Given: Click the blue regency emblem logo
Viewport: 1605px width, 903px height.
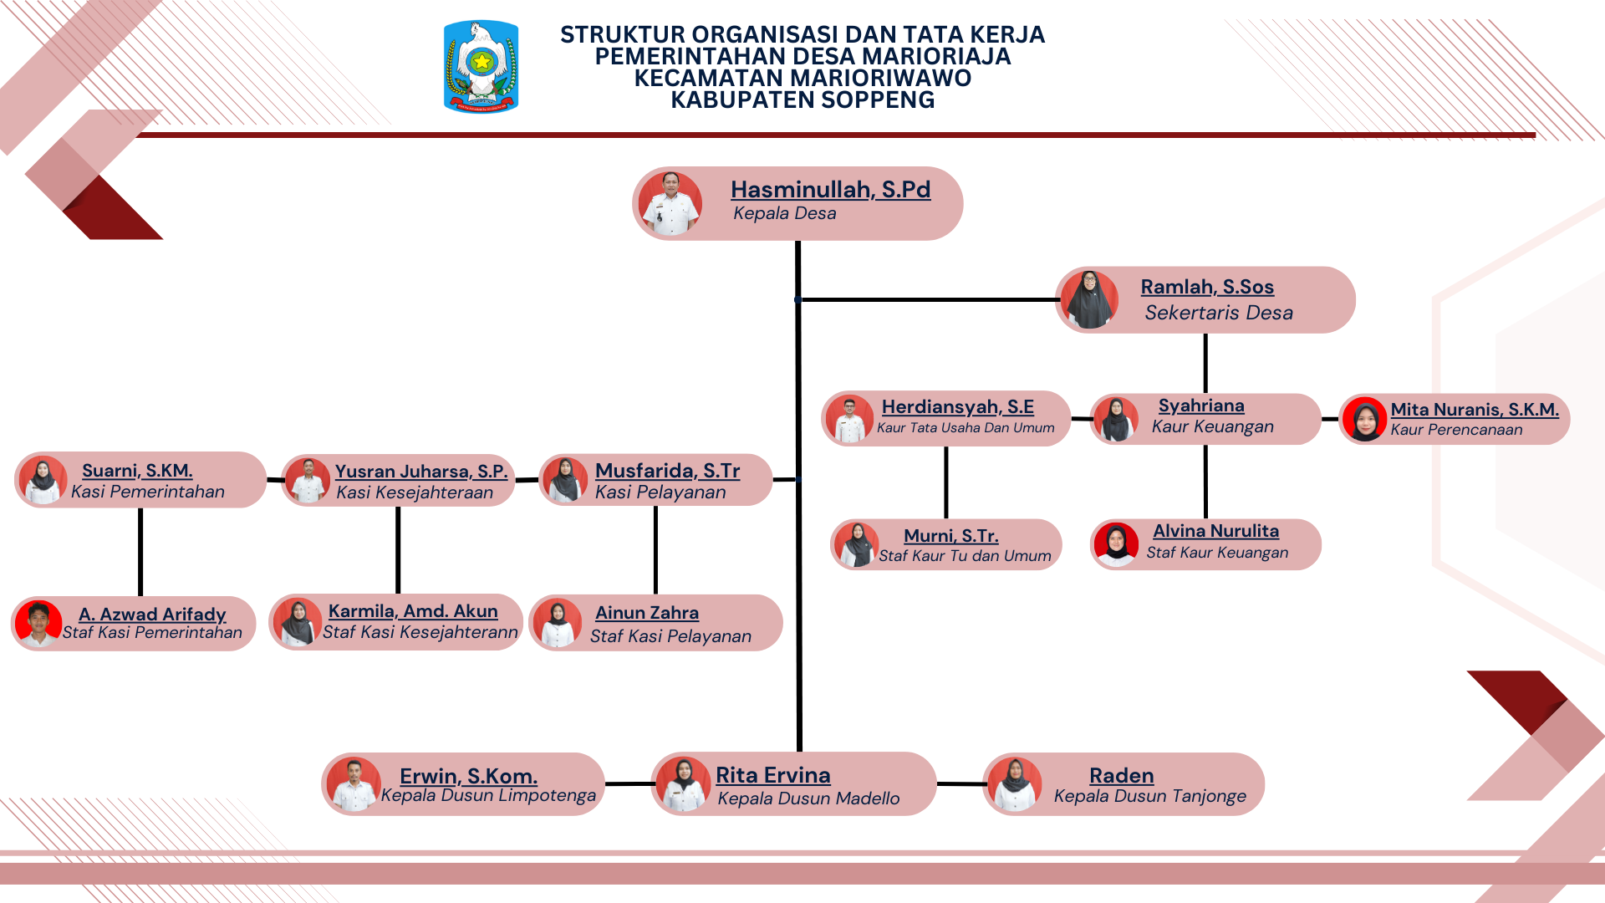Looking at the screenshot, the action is coord(481,67).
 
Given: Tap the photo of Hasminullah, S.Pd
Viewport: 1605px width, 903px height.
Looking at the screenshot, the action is coord(670,203).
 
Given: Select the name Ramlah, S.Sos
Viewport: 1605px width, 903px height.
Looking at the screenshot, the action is coord(1207,287).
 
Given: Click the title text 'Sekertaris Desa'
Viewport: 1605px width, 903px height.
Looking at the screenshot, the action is coord(1219,313).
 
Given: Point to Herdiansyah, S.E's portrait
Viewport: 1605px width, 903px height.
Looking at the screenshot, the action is coord(850,419).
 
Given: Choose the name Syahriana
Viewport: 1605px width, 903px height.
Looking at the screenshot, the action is coord(1201,406).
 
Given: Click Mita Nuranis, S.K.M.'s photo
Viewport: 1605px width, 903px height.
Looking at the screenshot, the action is coord(1365,419).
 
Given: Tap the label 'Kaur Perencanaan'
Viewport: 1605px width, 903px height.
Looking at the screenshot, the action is coord(1456,430).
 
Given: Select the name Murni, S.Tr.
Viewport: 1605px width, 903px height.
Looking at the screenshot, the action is coord(951,536).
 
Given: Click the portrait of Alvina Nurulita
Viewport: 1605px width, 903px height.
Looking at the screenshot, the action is coord(1117,544).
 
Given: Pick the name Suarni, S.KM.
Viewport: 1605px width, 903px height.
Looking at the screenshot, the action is coord(137,471).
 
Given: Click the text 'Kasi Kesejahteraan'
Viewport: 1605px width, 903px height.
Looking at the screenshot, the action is coord(415,492).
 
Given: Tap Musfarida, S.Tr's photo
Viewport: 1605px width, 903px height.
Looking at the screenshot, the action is coord(566,479).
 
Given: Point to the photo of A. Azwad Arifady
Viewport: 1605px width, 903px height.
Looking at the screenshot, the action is coord(38,624).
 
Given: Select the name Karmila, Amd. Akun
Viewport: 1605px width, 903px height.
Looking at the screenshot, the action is coord(413,611).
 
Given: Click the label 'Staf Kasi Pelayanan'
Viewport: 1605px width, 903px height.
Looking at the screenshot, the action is coord(670,636).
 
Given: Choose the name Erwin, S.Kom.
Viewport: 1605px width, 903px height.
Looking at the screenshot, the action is coord(468,776).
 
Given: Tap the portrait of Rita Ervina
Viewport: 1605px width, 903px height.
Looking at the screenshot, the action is coord(684,784).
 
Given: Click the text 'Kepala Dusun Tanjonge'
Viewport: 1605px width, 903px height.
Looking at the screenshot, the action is coord(1149,796).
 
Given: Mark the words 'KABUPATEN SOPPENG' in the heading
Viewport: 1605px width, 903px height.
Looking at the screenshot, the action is coord(802,100).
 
